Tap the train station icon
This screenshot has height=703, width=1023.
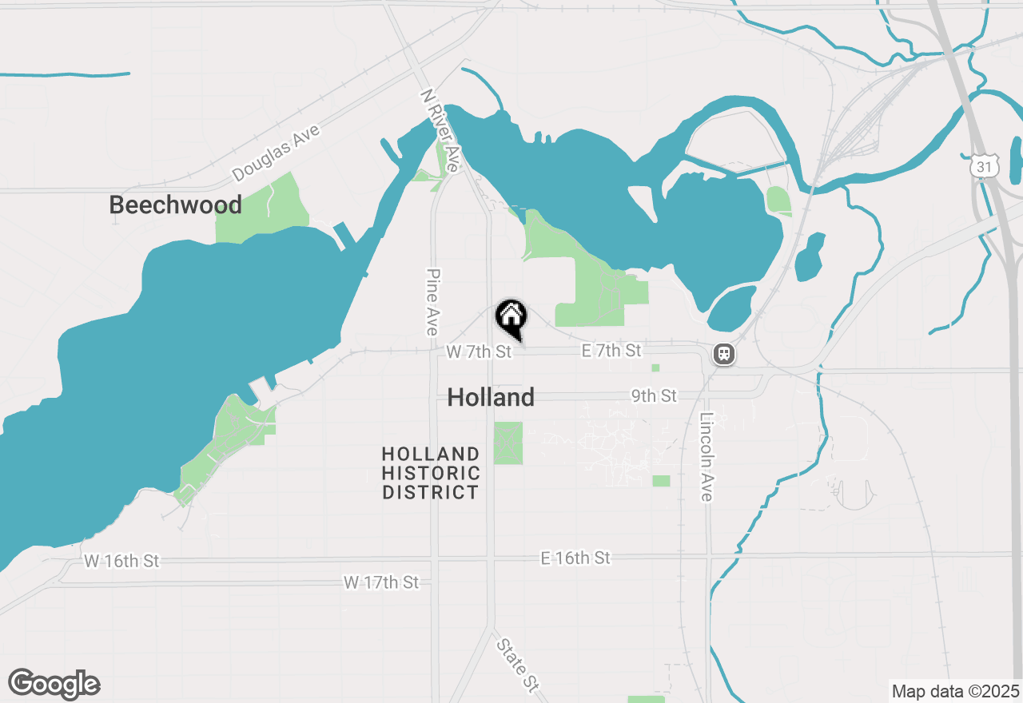tap(724, 353)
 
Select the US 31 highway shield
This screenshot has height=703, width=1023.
tap(984, 167)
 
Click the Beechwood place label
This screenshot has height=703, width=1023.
tap(175, 205)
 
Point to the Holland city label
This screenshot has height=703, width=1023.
tap(491, 397)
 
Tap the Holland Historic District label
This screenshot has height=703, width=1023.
tap(431, 474)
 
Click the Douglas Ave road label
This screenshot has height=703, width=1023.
tap(276, 153)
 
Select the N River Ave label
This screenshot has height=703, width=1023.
tap(440, 130)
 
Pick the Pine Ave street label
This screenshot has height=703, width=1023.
tap(432, 301)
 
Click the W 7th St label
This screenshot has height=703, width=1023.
tap(478, 351)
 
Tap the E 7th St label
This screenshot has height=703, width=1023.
tap(611, 351)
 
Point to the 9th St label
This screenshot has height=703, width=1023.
tap(653, 396)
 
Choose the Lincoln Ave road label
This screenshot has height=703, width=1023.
tap(706, 457)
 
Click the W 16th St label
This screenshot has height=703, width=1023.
tap(121, 562)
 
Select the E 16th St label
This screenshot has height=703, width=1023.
tap(575, 558)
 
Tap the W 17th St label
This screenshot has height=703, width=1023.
tap(381, 582)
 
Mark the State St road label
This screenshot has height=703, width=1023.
tap(517, 664)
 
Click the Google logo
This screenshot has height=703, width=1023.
tap(54, 684)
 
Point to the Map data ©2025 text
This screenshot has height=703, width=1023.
tap(955, 691)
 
